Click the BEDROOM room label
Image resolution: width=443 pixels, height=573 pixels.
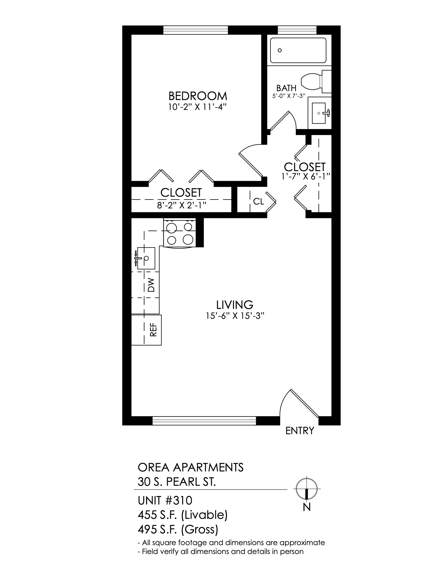click(x=198, y=96)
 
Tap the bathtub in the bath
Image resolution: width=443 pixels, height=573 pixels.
click(x=298, y=50)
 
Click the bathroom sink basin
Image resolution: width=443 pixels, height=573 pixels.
click(x=319, y=113)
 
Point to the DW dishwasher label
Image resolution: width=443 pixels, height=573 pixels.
click(x=151, y=285)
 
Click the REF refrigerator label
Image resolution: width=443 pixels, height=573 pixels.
click(x=153, y=329)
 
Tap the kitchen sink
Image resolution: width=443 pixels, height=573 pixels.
click(x=146, y=258)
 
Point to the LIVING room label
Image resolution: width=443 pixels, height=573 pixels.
click(x=235, y=305)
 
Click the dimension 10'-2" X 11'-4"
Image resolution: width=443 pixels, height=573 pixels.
click(x=197, y=107)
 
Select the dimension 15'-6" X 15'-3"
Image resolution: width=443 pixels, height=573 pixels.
click(x=235, y=316)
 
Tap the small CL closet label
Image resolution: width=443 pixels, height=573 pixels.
click(x=259, y=202)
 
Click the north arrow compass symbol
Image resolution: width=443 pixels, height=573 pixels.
click(x=306, y=489)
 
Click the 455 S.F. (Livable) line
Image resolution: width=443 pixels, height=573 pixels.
click(x=183, y=515)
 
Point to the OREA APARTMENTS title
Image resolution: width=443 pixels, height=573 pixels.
click(x=190, y=468)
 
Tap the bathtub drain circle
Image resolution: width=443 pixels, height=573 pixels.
click(x=280, y=50)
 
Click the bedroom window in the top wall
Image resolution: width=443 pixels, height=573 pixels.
click(x=196, y=30)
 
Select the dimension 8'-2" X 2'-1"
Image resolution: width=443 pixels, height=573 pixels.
click(x=181, y=205)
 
